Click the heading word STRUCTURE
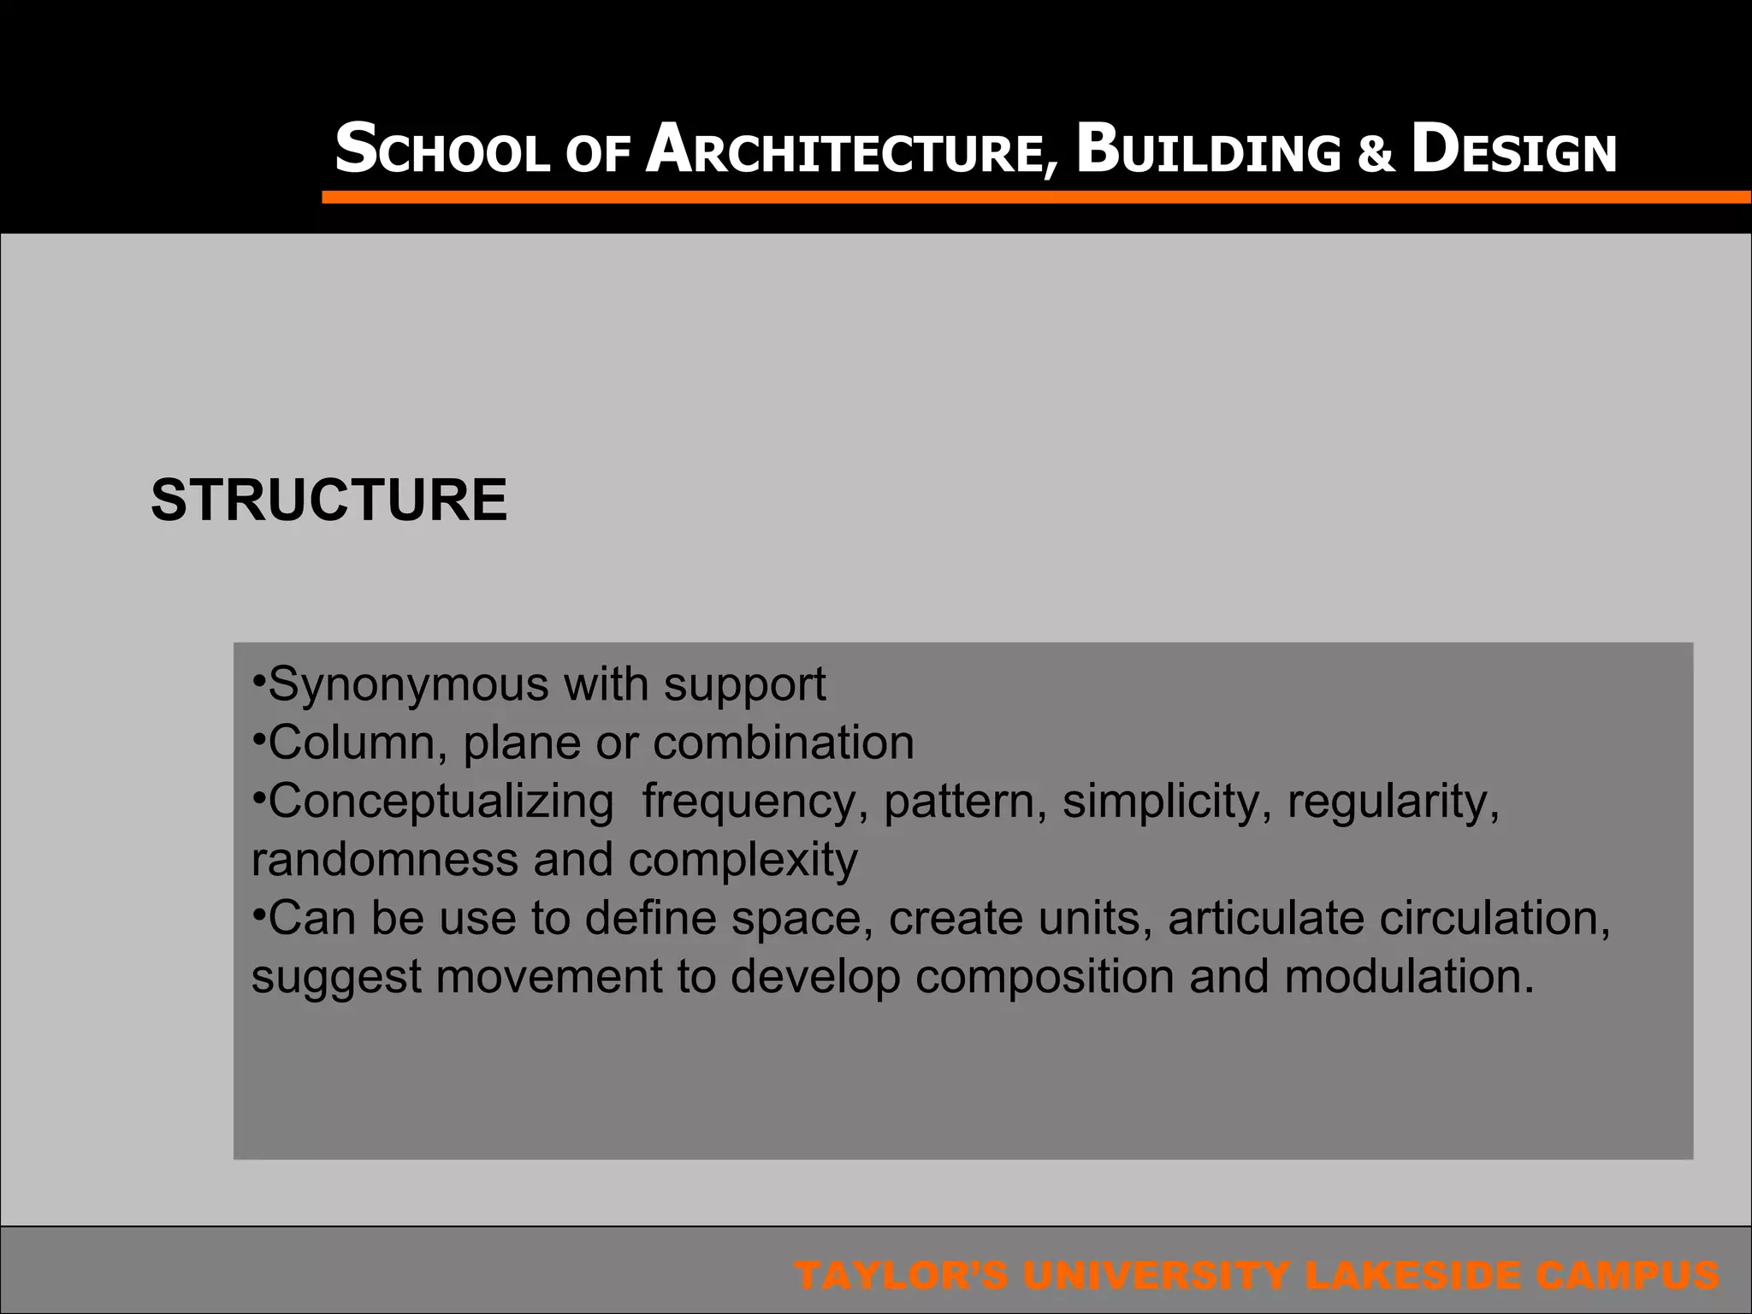tap(328, 500)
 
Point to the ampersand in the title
tap(1375, 155)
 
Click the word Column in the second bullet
tap(358, 743)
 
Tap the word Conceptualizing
tap(441, 802)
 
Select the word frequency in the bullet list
tap(749, 802)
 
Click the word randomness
tap(385, 860)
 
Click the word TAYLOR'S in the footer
tap(902, 1276)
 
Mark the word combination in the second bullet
tap(784, 743)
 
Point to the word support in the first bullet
tap(745, 686)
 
